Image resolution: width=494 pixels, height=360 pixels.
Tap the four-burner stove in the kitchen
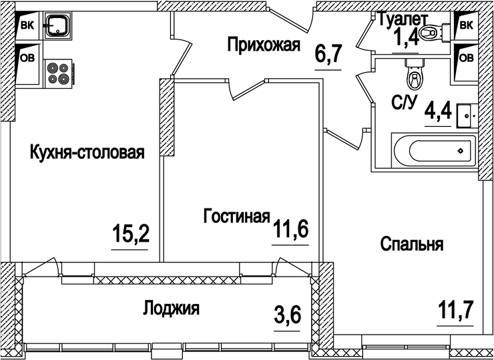tap(59, 72)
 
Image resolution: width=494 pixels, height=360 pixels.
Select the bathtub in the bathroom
tap(433, 150)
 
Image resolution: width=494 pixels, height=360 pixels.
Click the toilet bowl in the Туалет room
tap(437, 31)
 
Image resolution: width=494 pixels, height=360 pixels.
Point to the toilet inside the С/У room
tap(414, 74)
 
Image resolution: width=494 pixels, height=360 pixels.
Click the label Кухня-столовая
tap(87, 154)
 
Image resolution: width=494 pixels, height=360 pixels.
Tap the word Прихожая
tap(264, 45)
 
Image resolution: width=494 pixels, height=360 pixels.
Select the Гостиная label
tap(236, 217)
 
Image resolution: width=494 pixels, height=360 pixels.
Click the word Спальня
tap(412, 244)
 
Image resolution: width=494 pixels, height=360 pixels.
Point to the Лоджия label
tap(171, 309)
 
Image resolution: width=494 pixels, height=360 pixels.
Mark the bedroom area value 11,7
tap(456, 311)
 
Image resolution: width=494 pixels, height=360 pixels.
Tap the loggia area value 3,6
tap(288, 312)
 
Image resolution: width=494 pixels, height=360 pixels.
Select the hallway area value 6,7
tap(328, 53)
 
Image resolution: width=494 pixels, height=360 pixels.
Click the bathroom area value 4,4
tap(439, 109)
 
